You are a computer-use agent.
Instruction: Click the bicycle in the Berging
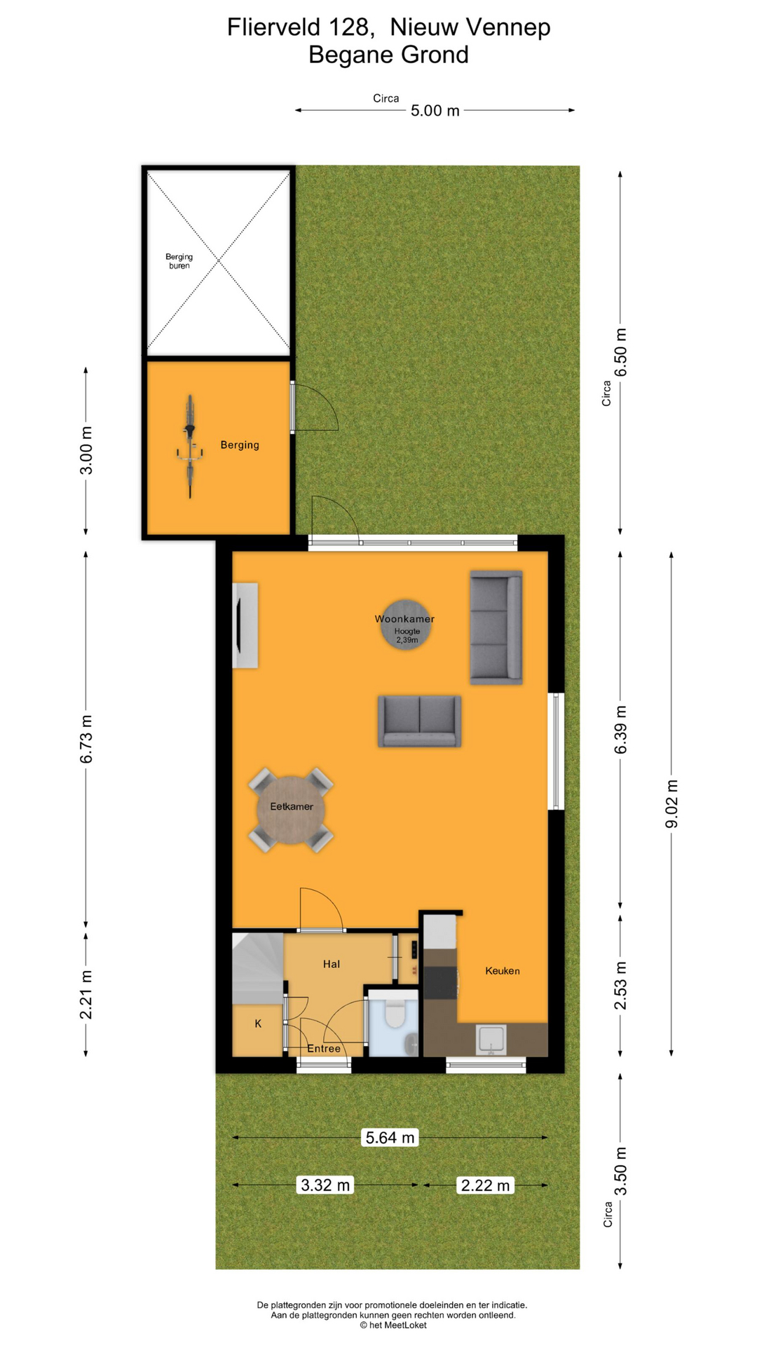coord(190,447)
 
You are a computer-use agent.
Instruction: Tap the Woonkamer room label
coord(404,619)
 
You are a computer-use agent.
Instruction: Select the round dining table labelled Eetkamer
coord(292,810)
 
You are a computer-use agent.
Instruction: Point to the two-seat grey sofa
coord(419,721)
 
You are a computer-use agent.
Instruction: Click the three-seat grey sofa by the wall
coord(496,627)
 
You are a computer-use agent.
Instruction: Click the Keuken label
coord(503,971)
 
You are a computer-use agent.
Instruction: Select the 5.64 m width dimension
coord(390,1137)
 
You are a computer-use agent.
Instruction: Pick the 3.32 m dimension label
coord(325,1185)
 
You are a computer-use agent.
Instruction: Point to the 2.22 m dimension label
coord(485,1185)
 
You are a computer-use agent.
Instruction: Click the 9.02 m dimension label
coord(671,803)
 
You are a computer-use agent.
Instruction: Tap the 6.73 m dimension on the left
coord(86,739)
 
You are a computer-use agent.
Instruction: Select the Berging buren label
coord(179,261)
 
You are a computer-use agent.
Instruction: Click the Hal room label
coord(332,964)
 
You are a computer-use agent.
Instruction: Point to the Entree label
coord(324,1049)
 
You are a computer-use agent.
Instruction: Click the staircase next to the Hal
coord(258,969)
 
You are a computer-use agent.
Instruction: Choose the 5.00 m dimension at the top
coord(435,110)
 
